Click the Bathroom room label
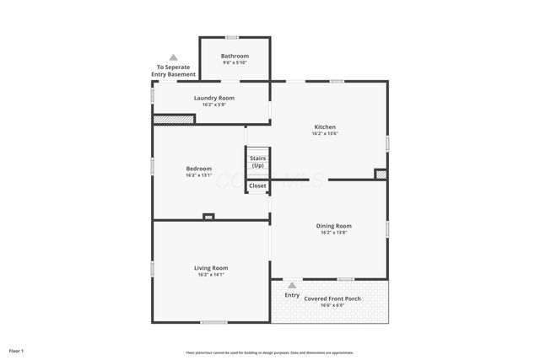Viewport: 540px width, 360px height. [235, 56]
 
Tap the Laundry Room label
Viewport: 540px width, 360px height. [213, 98]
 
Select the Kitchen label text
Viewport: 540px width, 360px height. [325, 127]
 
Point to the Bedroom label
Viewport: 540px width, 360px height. [198, 169]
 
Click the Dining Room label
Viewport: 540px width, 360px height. [334, 226]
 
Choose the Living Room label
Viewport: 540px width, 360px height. [213, 268]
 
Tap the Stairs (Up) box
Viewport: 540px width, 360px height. [257, 161]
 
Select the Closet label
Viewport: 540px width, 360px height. [257, 185]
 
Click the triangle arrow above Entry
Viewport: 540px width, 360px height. [292, 285]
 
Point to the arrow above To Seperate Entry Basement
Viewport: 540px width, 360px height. [174, 57]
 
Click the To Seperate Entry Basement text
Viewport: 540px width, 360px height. [174, 71]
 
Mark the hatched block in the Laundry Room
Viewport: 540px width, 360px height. [174, 119]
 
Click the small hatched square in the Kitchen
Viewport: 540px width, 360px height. [381, 174]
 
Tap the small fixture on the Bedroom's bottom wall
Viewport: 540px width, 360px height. [208, 217]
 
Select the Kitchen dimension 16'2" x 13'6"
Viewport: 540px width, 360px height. [325, 133]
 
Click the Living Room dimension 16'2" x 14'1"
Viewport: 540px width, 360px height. [213, 274]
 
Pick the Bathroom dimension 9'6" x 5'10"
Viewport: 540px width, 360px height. [235, 62]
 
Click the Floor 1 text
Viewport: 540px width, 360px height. [17, 351]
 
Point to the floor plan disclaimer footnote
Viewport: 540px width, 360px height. [270, 352]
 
